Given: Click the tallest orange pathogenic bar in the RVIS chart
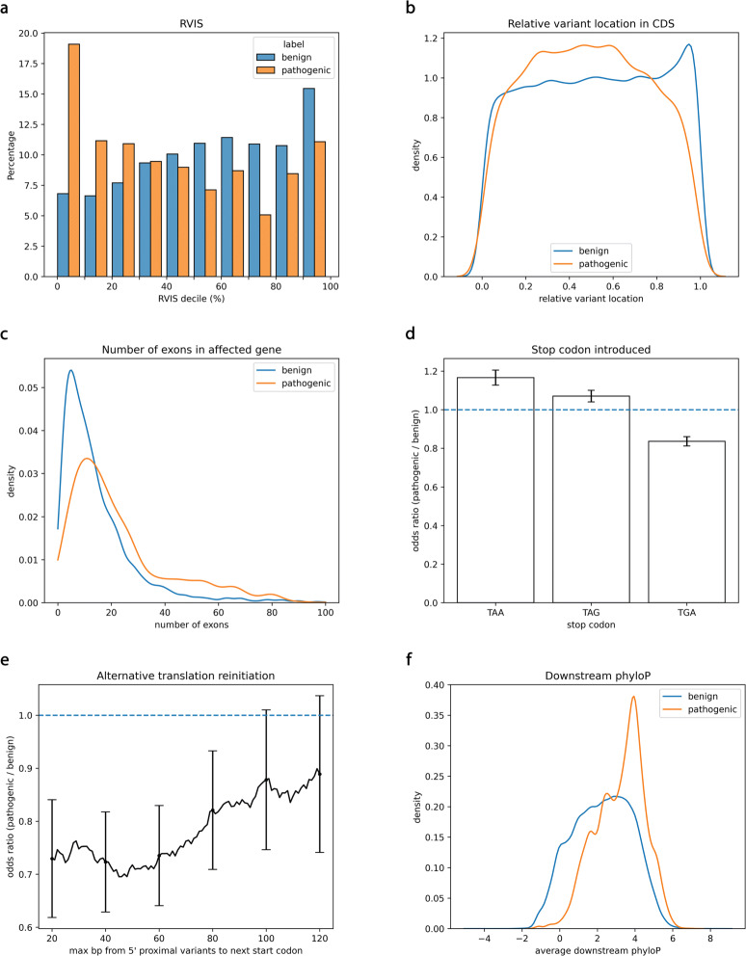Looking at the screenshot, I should pos(71,160).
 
